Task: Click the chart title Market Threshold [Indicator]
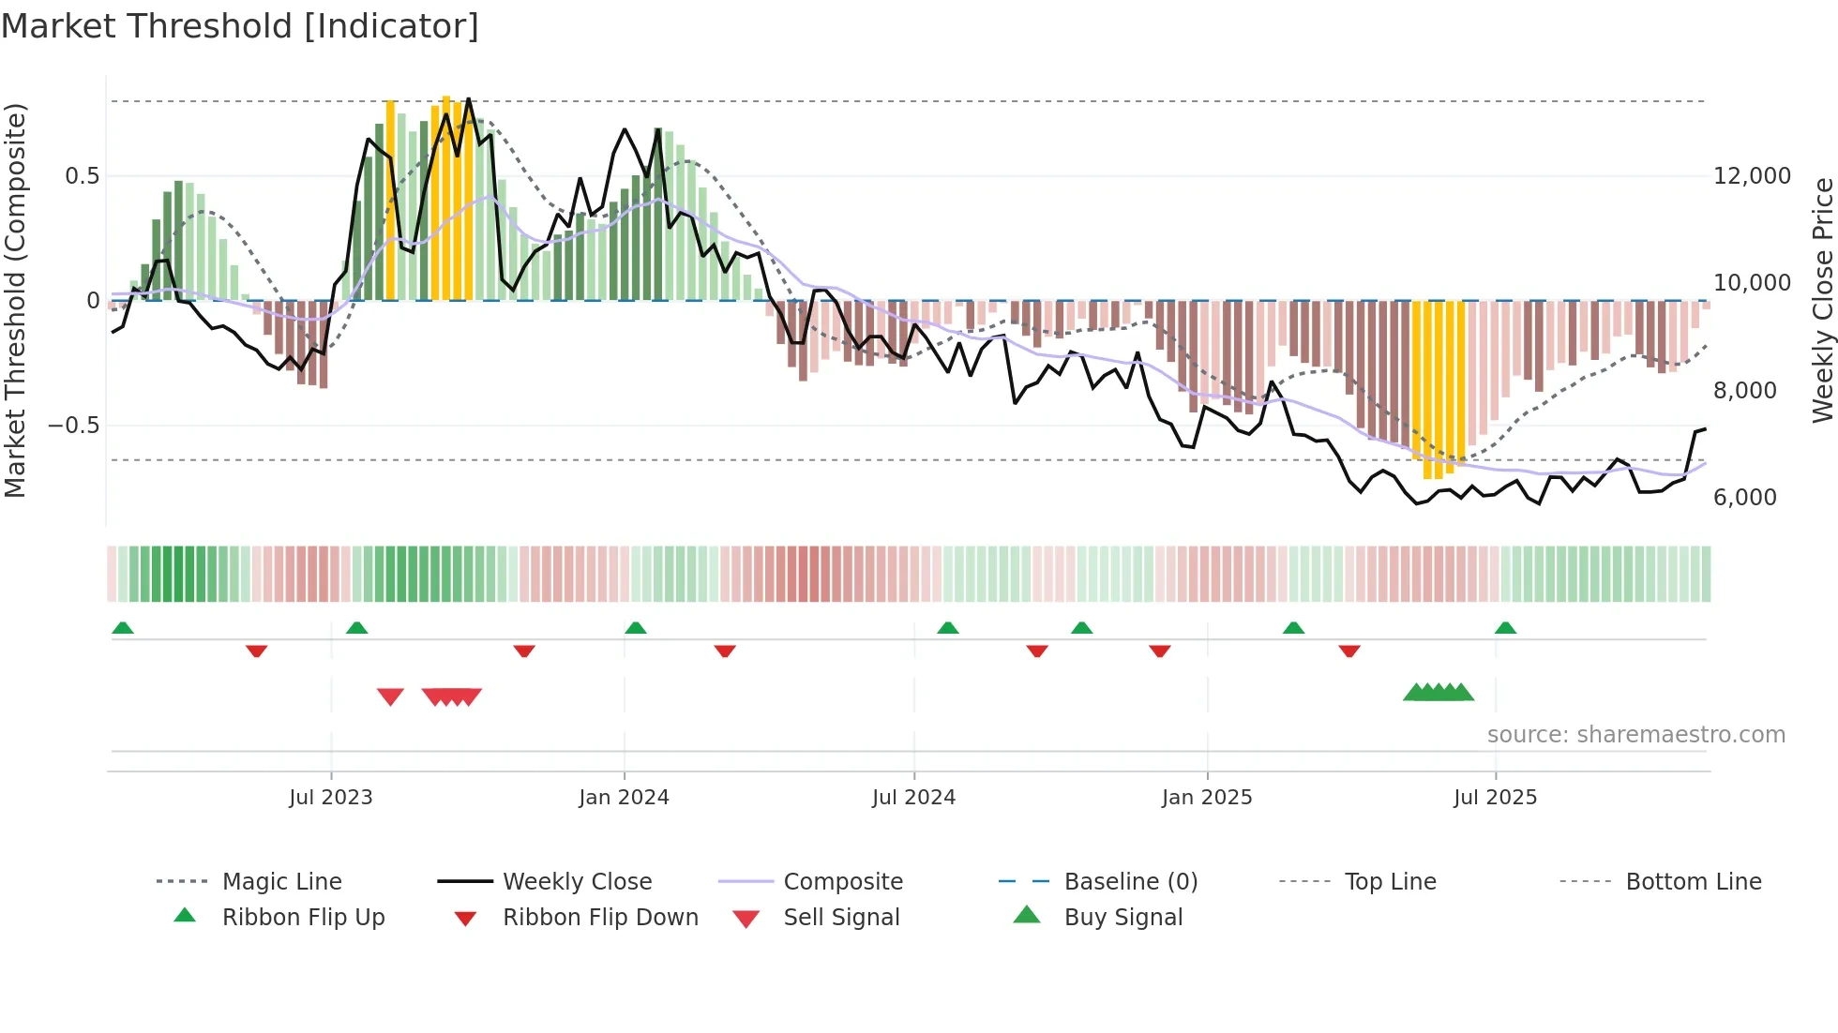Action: click(240, 26)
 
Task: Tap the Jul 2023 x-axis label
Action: click(330, 798)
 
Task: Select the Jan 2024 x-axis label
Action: click(624, 798)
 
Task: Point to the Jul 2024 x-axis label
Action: click(913, 798)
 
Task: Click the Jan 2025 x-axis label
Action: click(1207, 798)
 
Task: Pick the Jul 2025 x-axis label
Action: click(1495, 798)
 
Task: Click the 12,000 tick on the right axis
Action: click(1752, 176)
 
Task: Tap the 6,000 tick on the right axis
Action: click(1744, 498)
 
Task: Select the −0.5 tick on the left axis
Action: click(73, 426)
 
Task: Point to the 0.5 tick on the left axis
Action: click(82, 176)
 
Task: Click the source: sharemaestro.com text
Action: click(1635, 735)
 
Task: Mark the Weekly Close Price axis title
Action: click(1822, 300)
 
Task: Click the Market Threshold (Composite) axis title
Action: click(15, 300)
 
